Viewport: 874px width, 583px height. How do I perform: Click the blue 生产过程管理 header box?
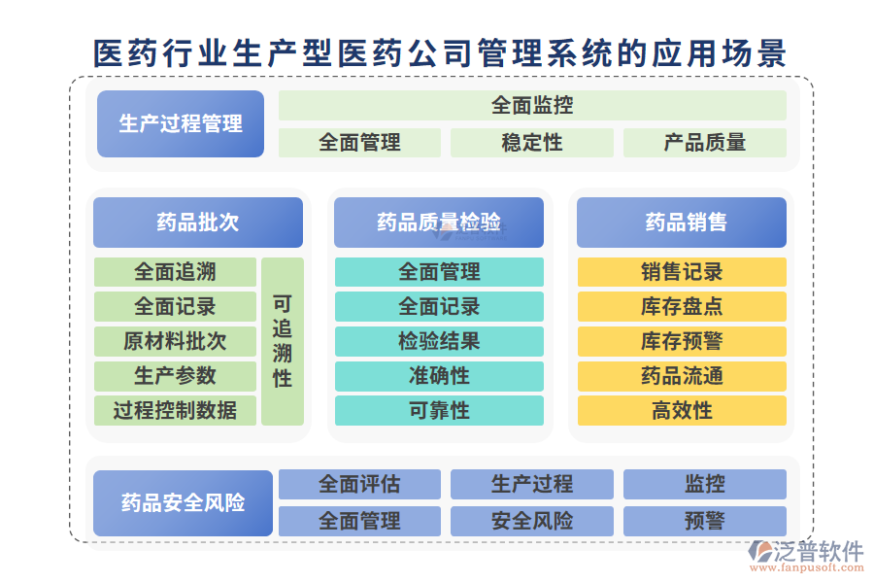[181, 123]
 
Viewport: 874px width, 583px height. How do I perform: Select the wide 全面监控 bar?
[532, 105]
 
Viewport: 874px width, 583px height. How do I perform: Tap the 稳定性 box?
[532, 143]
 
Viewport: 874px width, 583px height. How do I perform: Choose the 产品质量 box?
[704, 143]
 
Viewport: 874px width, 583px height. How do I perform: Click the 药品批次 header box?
[197, 223]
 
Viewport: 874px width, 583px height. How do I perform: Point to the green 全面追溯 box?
[175, 272]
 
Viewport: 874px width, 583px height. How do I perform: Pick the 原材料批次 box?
[175, 341]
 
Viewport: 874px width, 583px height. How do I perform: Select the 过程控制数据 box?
[175, 410]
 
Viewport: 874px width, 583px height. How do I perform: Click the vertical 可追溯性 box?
[283, 341]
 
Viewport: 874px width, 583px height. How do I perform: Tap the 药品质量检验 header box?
[439, 223]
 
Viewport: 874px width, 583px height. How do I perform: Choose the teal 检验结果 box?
[439, 341]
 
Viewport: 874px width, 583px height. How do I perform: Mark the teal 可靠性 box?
[439, 410]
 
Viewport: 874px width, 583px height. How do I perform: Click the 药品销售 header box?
[682, 223]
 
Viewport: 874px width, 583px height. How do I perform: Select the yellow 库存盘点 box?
[682, 307]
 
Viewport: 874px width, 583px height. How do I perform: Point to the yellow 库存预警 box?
[682, 341]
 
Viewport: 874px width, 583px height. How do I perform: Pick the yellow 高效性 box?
[682, 410]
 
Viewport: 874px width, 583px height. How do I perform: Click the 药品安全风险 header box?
[183, 503]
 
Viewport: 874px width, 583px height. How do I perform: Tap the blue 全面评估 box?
[359, 484]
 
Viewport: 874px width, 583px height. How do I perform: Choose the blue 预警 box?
[704, 521]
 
